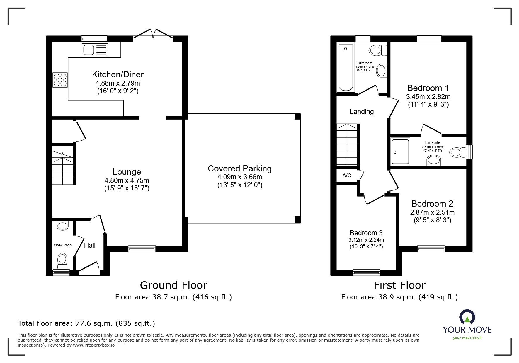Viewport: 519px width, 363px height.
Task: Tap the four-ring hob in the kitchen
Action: (x=60, y=80)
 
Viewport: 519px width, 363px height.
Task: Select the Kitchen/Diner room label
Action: (x=118, y=74)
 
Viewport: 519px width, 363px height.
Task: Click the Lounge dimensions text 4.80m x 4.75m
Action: (x=127, y=180)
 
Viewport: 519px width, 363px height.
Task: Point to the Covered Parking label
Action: (x=239, y=168)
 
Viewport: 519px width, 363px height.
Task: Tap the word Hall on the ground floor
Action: (x=90, y=245)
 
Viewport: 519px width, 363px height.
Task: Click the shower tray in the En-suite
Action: (x=400, y=151)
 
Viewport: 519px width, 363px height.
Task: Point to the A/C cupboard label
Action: (x=347, y=175)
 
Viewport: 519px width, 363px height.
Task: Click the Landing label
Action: (x=362, y=112)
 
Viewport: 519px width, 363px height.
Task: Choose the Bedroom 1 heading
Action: (x=428, y=88)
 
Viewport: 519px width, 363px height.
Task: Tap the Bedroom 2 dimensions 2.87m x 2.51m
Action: (x=432, y=212)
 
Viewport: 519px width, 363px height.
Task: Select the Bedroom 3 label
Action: (x=366, y=233)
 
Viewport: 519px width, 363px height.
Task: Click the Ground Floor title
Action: (x=173, y=285)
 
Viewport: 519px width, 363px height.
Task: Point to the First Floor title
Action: (x=399, y=285)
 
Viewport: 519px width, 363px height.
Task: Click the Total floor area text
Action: (x=86, y=323)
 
